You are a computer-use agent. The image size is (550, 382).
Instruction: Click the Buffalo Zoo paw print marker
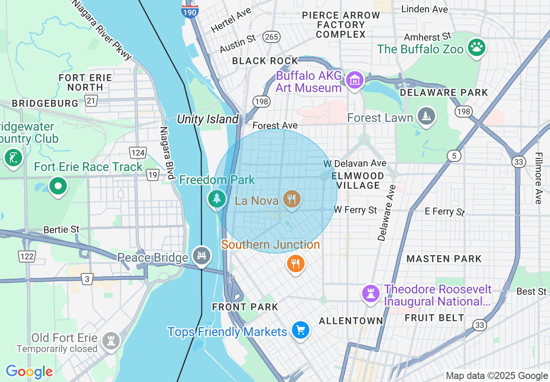[477, 47]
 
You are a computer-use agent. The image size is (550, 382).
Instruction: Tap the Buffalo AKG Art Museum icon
[355, 80]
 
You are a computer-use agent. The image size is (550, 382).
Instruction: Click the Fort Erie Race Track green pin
[58, 187]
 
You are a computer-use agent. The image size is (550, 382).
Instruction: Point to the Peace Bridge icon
[202, 256]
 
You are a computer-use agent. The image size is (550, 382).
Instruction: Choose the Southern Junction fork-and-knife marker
[296, 263]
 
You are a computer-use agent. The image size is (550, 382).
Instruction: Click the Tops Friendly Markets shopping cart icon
[300, 331]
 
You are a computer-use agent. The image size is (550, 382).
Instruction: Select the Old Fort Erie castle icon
[111, 341]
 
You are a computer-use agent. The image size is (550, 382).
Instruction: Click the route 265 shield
[271, 37]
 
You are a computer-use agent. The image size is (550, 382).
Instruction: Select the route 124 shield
[137, 152]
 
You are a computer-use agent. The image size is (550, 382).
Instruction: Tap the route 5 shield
[454, 156]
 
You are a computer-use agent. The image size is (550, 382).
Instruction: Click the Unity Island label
[208, 119]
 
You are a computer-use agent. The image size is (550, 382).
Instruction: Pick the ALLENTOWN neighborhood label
[351, 321]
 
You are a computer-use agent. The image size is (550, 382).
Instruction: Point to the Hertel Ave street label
[231, 21]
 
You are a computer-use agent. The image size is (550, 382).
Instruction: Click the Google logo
[29, 372]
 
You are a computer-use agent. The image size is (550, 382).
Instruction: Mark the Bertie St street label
[62, 229]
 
